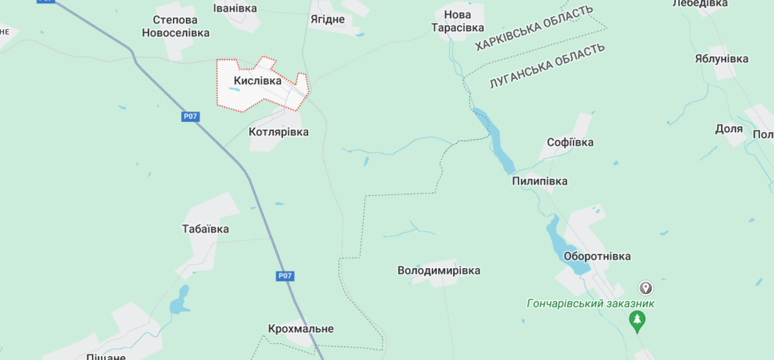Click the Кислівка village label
[258, 81]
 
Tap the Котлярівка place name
[278, 132]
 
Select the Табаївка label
[205, 229]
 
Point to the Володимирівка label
[439, 270]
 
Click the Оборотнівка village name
[597, 256]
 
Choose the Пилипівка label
[539, 181]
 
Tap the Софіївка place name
[569, 142]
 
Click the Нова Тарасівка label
[458, 21]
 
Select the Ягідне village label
[327, 19]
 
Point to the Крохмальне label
[301, 328]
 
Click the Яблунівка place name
[721, 58]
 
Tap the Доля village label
[729, 128]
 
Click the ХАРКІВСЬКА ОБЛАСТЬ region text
[534, 28]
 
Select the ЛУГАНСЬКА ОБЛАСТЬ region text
[547, 65]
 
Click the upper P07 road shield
[190, 117]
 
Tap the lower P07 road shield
[285, 276]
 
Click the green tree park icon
[637, 319]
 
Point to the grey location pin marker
[645, 287]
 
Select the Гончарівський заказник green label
[590, 303]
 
